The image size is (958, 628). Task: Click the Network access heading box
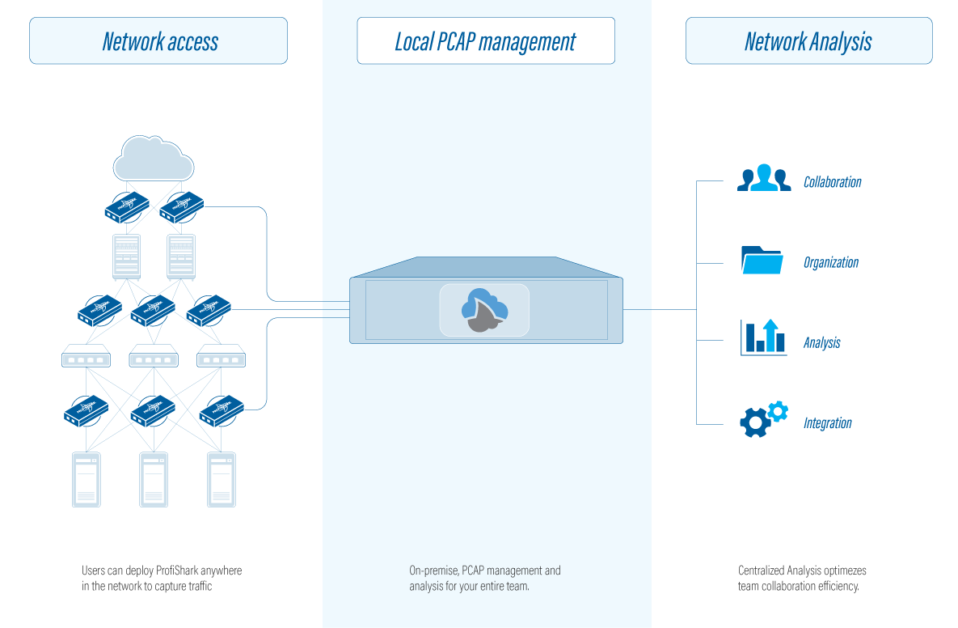pyautogui.click(x=158, y=41)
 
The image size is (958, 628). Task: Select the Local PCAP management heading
pyautogui.click(x=485, y=41)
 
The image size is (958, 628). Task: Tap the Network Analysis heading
pyautogui.click(x=808, y=41)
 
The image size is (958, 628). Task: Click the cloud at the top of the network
pyautogui.click(x=154, y=159)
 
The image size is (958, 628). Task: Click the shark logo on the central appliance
pyautogui.click(x=484, y=310)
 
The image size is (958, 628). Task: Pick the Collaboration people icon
pyautogui.click(x=763, y=180)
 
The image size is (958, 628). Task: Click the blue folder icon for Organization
pyautogui.click(x=762, y=261)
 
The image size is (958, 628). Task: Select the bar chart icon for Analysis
pyautogui.click(x=763, y=337)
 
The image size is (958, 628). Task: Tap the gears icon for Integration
pyautogui.click(x=763, y=419)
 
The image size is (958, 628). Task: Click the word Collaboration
pyautogui.click(x=832, y=182)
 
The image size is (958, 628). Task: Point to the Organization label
pyautogui.click(x=830, y=262)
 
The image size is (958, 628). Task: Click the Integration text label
pyautogui.click(x=827, y=423)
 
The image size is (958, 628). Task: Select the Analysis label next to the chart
pyautogui.click(x=821, y=343)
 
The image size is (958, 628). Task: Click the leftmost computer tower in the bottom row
pyautogui.click(x=86, y=479)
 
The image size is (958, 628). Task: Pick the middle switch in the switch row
pyautogui.click(x=154, y=357)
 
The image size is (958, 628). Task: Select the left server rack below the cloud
pyautogui.click(x=126, y=255)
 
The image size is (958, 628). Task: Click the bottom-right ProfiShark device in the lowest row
pyautogui.click(x=222, y=411)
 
